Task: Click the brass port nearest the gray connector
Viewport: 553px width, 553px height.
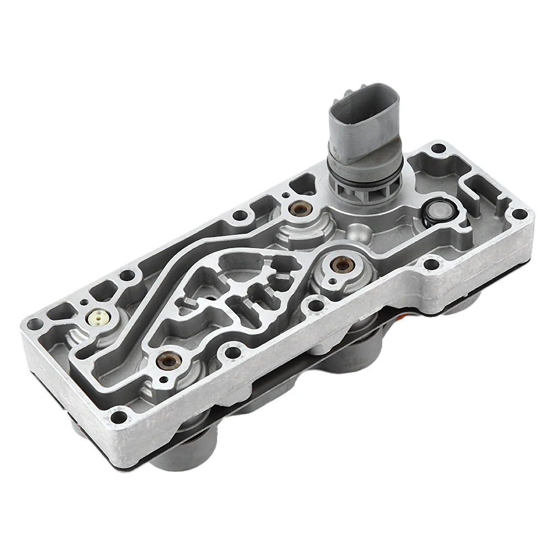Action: [x=301, y=210]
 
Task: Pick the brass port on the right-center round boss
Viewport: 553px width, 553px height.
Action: [x=342, y=266]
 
